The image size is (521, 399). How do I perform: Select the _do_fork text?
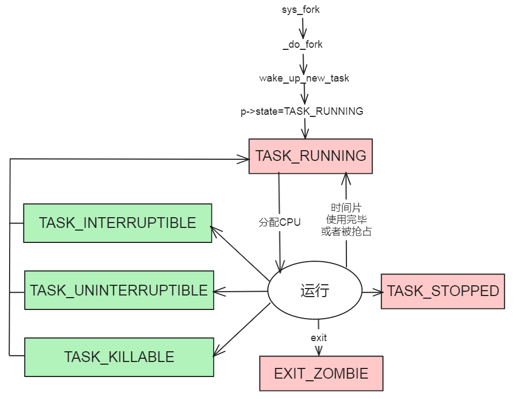coord(303,45)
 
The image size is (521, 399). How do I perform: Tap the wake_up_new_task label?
coord(304,78)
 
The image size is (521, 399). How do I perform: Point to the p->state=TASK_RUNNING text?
coord(301,112)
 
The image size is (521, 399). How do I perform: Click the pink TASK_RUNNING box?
coord(311,156)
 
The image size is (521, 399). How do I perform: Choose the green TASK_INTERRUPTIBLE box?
coord(117,223)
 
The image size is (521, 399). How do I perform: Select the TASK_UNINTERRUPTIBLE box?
coord(119,290)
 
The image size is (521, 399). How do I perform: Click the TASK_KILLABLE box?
coord(119,357)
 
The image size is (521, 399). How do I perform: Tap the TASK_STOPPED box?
coord(443,291)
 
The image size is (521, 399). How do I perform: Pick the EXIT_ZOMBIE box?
coord(321,373)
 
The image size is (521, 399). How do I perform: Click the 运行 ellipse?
coord(315,292)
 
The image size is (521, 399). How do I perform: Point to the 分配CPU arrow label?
coord(280,222)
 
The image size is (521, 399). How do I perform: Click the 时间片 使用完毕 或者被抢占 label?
coord(346,219)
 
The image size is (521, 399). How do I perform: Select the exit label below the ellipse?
coord(319,338)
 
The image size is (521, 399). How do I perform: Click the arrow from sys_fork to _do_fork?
coord(303,27)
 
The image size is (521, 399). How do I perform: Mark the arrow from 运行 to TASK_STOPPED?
coord(372,292)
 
